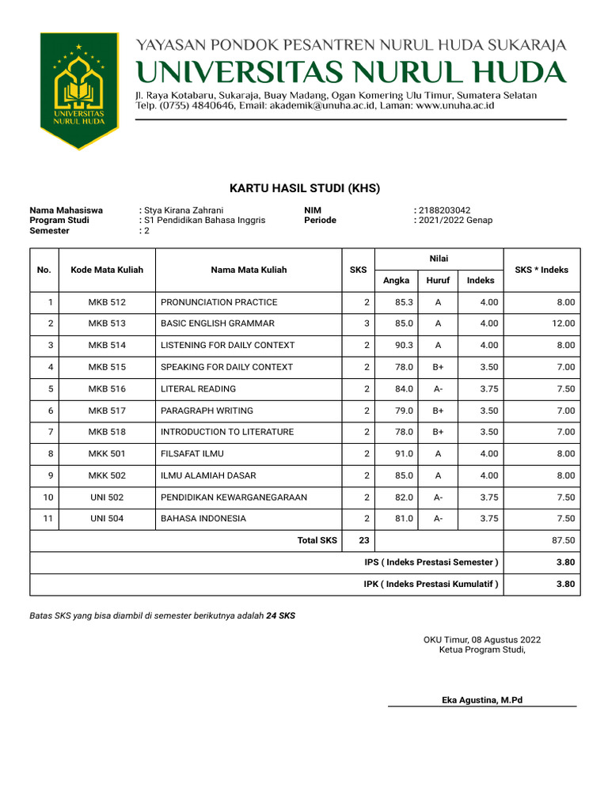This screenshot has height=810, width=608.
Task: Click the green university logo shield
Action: [79, 90]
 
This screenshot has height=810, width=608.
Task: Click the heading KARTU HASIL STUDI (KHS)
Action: [305, 188]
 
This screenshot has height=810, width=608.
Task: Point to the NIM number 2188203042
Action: [444, 210]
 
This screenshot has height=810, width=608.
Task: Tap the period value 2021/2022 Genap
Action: [455, 221]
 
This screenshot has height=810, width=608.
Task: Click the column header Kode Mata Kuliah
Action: [107, 270]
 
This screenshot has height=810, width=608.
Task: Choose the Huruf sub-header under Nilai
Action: [438, 280]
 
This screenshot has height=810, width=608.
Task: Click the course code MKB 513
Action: [107, 324]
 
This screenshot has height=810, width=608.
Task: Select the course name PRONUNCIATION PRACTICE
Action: [219, 302]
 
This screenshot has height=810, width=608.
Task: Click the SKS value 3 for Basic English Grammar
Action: [367, 324]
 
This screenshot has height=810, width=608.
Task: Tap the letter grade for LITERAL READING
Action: [438, 388]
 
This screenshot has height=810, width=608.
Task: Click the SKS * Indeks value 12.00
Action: [563, 324]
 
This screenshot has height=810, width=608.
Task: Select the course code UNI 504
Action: [107, 519]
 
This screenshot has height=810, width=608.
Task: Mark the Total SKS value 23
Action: [363, 540]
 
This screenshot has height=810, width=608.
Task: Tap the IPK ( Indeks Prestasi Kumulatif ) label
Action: [431, 585]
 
